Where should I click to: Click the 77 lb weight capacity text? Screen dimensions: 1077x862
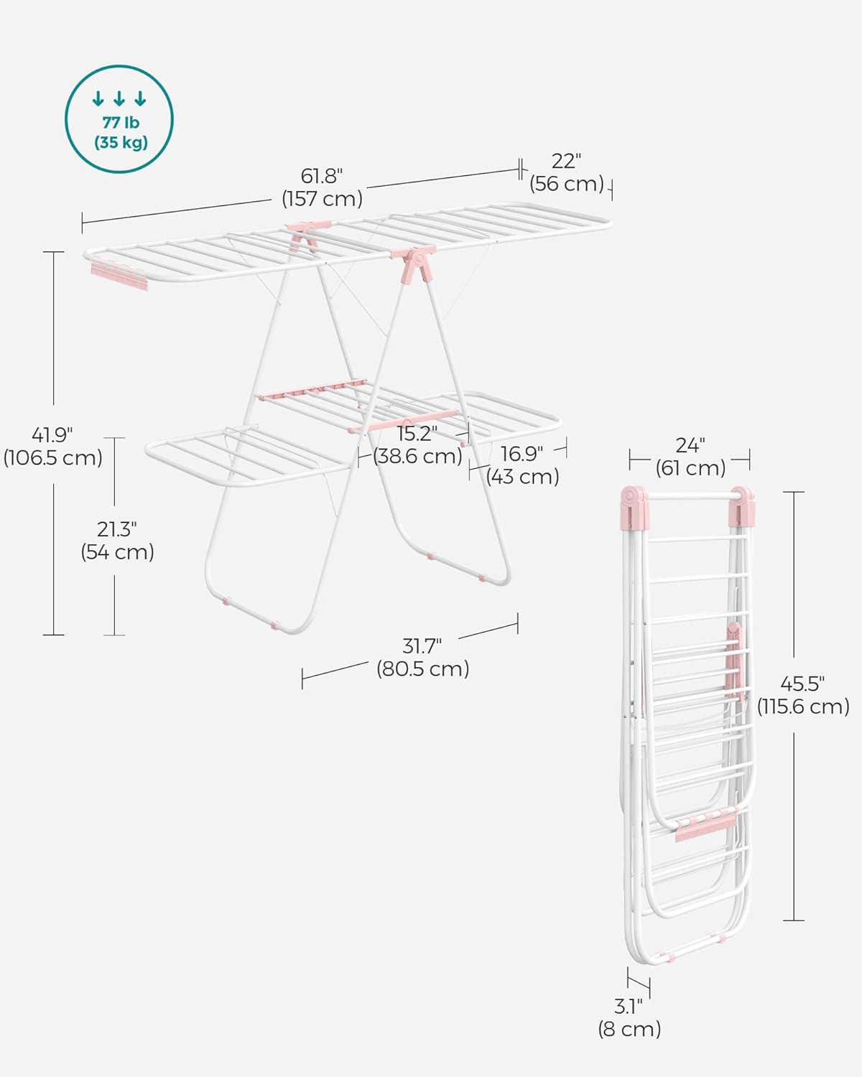click(x=120, y=123)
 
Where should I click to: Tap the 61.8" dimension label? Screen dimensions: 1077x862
click(x=321, y=176)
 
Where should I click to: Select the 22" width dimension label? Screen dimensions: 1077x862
click(x=566, y=161)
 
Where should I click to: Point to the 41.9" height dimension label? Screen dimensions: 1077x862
click(x=52, y=434)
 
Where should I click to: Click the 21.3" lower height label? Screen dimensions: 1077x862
click(x=117, y=529)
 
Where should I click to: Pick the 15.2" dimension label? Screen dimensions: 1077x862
click(x=417, y=434)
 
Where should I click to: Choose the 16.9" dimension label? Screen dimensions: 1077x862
click(x=522, y=454)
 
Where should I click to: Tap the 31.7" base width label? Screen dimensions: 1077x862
click(x=422, y=646)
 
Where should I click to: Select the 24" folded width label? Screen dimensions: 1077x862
click(x=690, y=446)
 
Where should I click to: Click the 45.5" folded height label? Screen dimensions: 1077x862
click(x=802, y=684)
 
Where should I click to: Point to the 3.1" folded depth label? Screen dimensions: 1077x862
click(x=629, y=1007)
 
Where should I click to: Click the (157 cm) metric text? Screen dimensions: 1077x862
click(x=322, y=199)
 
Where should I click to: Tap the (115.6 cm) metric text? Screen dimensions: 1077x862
click(x=803, y=707)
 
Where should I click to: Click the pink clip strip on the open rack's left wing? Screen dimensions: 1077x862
click(x=119, y=275)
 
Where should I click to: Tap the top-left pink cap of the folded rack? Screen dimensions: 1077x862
click(x=634, y=505)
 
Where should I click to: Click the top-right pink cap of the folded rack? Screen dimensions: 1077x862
click(x=741, y=507)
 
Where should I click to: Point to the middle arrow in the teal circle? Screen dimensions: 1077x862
click(x=119, y=99)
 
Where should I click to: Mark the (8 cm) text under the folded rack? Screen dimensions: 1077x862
click(x=629, y=1029)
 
